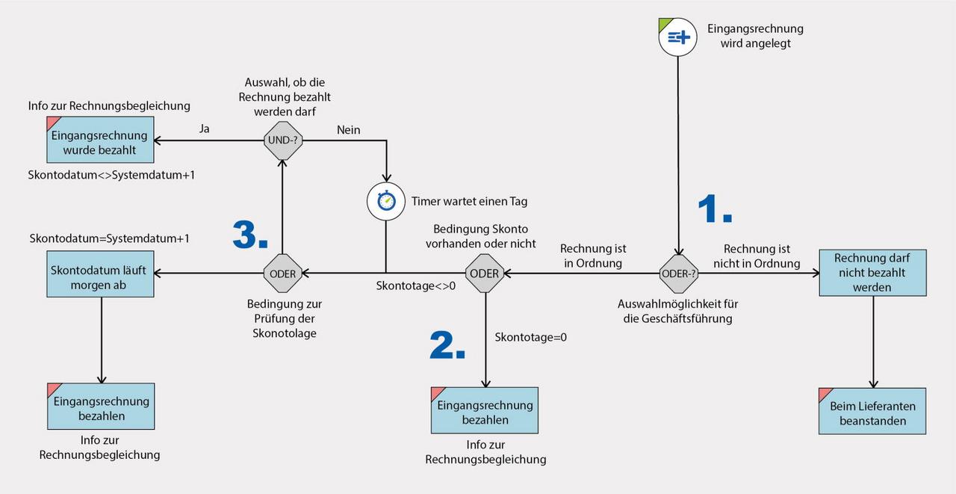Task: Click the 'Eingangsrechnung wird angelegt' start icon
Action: click(x=677, y=37)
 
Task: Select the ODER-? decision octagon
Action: click(x=679, y=274)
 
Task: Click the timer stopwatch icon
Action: click(x=385, y=201)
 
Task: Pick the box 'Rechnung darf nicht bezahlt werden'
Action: click(x=872, y=273)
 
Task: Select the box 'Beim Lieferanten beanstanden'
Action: click(x=872, y=411)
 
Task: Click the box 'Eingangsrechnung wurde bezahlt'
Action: click(x=100, y=140)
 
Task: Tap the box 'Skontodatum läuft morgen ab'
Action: click(x=100, y=274)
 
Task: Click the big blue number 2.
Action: click(x=447, y=345)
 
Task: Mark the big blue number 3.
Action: click(x=249, y=235)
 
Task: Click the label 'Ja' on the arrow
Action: click(x=204, y=129)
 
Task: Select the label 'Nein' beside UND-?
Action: click(x=348, y=130)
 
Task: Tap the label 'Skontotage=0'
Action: click(x=530, y=337)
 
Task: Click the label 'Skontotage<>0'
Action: click(x=415, y=285)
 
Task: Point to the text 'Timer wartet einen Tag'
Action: click(x=469, y=202)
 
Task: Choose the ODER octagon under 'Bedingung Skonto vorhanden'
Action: click(x=485, y=274)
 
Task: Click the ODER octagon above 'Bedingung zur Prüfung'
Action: click(x=283, y=274)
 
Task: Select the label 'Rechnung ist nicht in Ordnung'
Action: click(x=761, y=256)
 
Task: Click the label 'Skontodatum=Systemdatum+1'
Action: click(x=109, y=238)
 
